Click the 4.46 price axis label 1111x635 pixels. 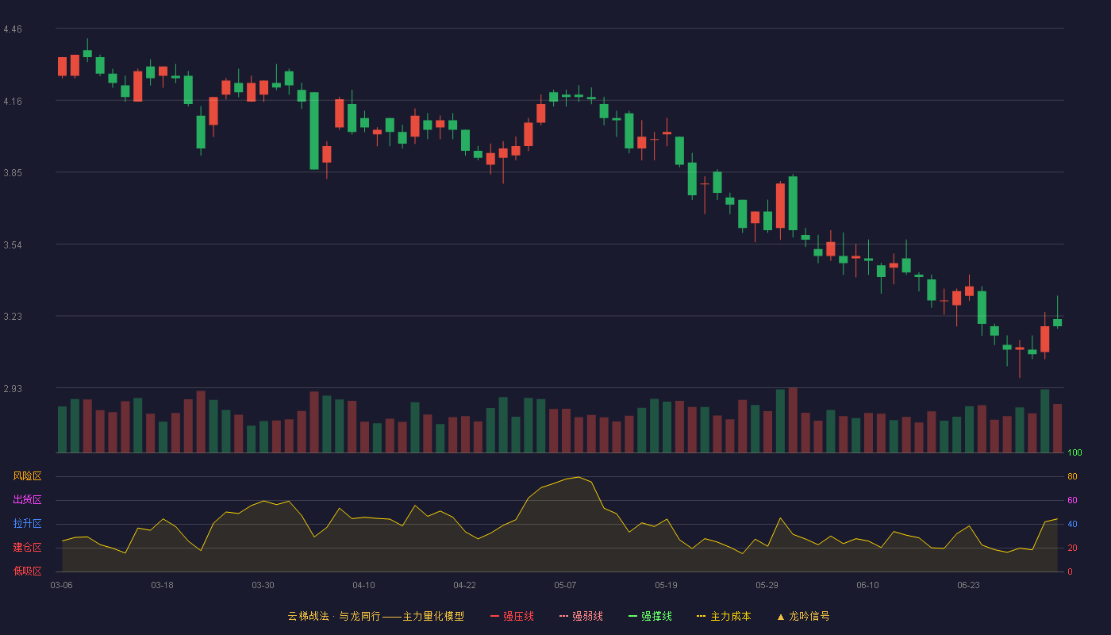coord(13,29)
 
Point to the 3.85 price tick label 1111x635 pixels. coord(13,173)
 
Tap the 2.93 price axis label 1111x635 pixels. coord(13,388)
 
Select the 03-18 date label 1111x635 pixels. coord(162,586)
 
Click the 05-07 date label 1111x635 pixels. coord(565,586)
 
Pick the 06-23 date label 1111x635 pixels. coord(968,586)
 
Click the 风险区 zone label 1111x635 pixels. coord(27,476)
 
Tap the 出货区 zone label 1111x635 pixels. coord(27,499)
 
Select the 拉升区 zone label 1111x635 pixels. coord(27,523)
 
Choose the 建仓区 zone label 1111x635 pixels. coord(27,547)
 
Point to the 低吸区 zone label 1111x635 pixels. coord(27,571)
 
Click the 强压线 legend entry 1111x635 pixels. coord(512,616)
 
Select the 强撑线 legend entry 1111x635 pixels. coord(650,616)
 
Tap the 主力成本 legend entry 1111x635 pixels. coord(724,616)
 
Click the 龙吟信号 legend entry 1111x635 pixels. coord(803,616)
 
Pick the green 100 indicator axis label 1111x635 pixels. coord(1074,452)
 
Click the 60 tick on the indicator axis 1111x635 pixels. coord(1072,500)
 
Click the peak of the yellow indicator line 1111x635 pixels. coord(579,477)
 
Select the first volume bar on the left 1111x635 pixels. coord(62,429)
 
